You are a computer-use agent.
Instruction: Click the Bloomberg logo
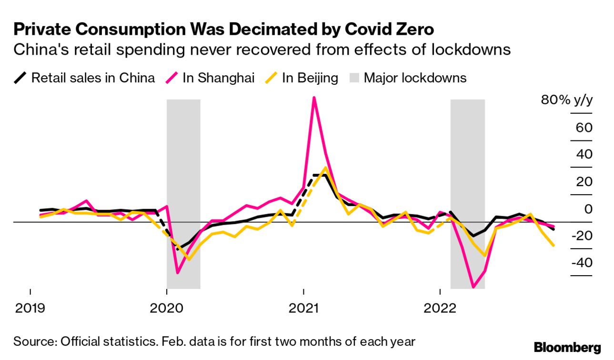(567, 347)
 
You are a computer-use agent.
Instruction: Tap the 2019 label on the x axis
(30, 308)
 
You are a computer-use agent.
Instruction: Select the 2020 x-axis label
(167, 308)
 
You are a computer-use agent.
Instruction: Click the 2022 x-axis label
(440, 308)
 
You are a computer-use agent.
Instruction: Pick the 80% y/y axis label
(566, 100)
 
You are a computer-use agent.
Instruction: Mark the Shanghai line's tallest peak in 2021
(314, 98)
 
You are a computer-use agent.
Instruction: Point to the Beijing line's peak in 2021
(325, 168)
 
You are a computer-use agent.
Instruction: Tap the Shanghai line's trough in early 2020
(178, 273)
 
